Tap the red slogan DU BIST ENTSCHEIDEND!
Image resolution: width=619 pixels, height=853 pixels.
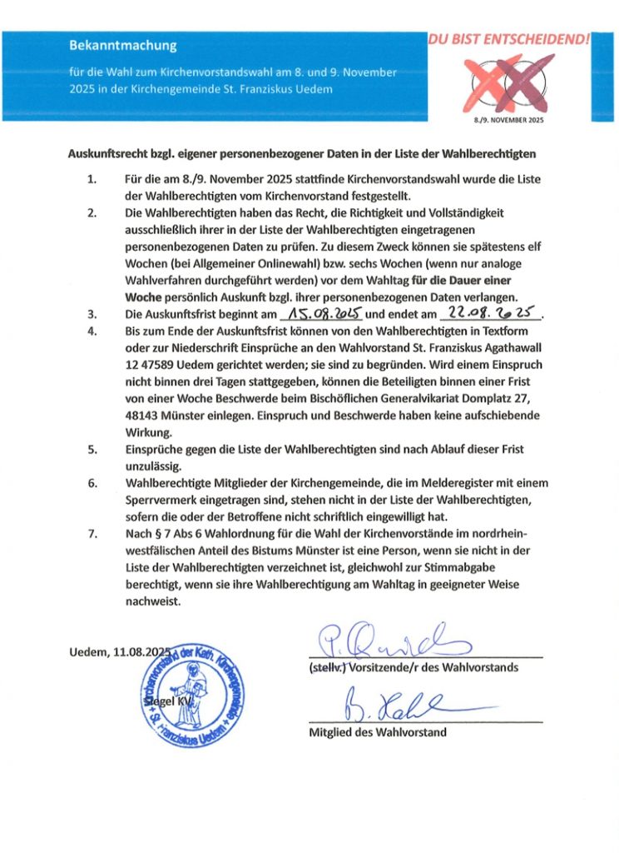pos(509,38)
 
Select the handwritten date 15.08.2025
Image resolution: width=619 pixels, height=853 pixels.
pos(321,314)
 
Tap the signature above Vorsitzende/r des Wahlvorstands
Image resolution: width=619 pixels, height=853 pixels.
pos(391,640)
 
